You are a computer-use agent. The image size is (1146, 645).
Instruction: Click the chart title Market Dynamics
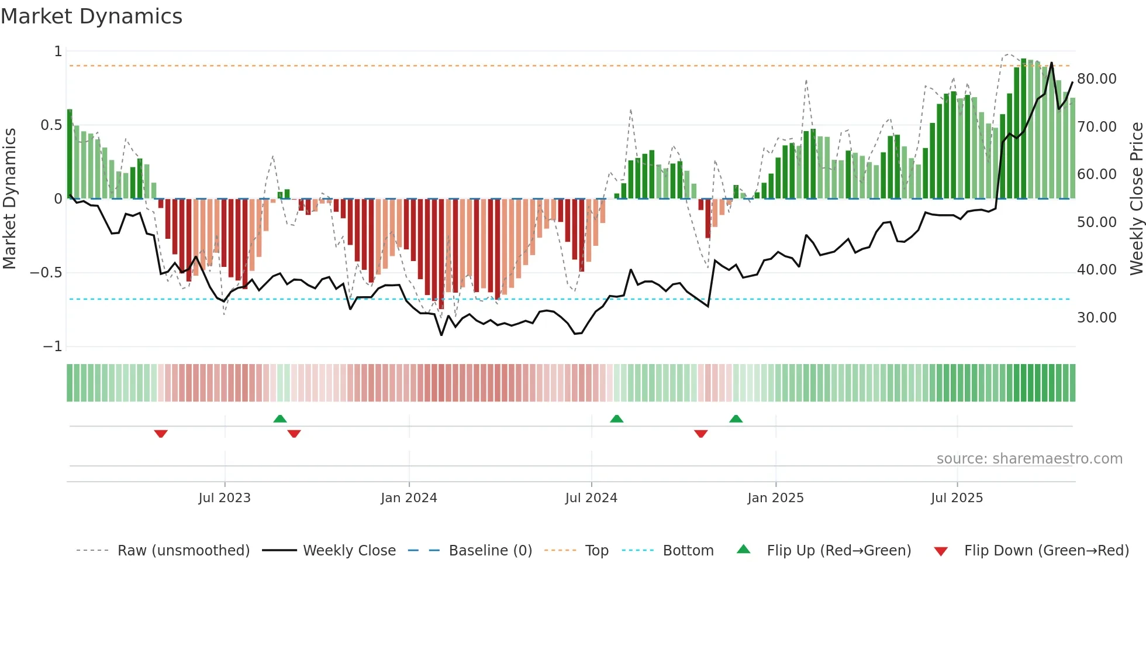[x=91, y=16]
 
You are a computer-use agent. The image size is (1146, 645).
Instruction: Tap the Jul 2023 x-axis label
[x=225, y=498]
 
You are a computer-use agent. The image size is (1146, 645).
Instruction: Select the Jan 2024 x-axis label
[x=409, y=498]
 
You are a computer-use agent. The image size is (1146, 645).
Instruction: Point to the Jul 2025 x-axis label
[x=957, y=498]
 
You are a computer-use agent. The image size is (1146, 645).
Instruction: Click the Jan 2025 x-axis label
[x=775, y=498]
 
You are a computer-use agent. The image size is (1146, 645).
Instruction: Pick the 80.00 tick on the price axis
[x=1096, y=79]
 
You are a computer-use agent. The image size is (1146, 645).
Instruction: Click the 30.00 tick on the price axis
[x=1096, y=318]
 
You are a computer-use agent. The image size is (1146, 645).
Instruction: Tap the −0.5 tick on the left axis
[x=46, y=273]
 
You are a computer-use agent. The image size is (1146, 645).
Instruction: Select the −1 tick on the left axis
[x=52, y=346]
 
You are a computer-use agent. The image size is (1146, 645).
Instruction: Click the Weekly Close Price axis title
[x=1136, y=199]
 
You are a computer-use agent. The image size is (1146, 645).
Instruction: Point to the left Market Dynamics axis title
[x=9, y=199]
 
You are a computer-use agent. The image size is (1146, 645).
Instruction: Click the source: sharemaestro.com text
[x=1029, y=459]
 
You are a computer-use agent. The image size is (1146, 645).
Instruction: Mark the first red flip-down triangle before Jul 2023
[x=161, y=434]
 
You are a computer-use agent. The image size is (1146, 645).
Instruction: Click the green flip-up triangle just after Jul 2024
[x=616, y=418]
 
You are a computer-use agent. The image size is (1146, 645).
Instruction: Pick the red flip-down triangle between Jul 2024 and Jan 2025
[x=700, y=434]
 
